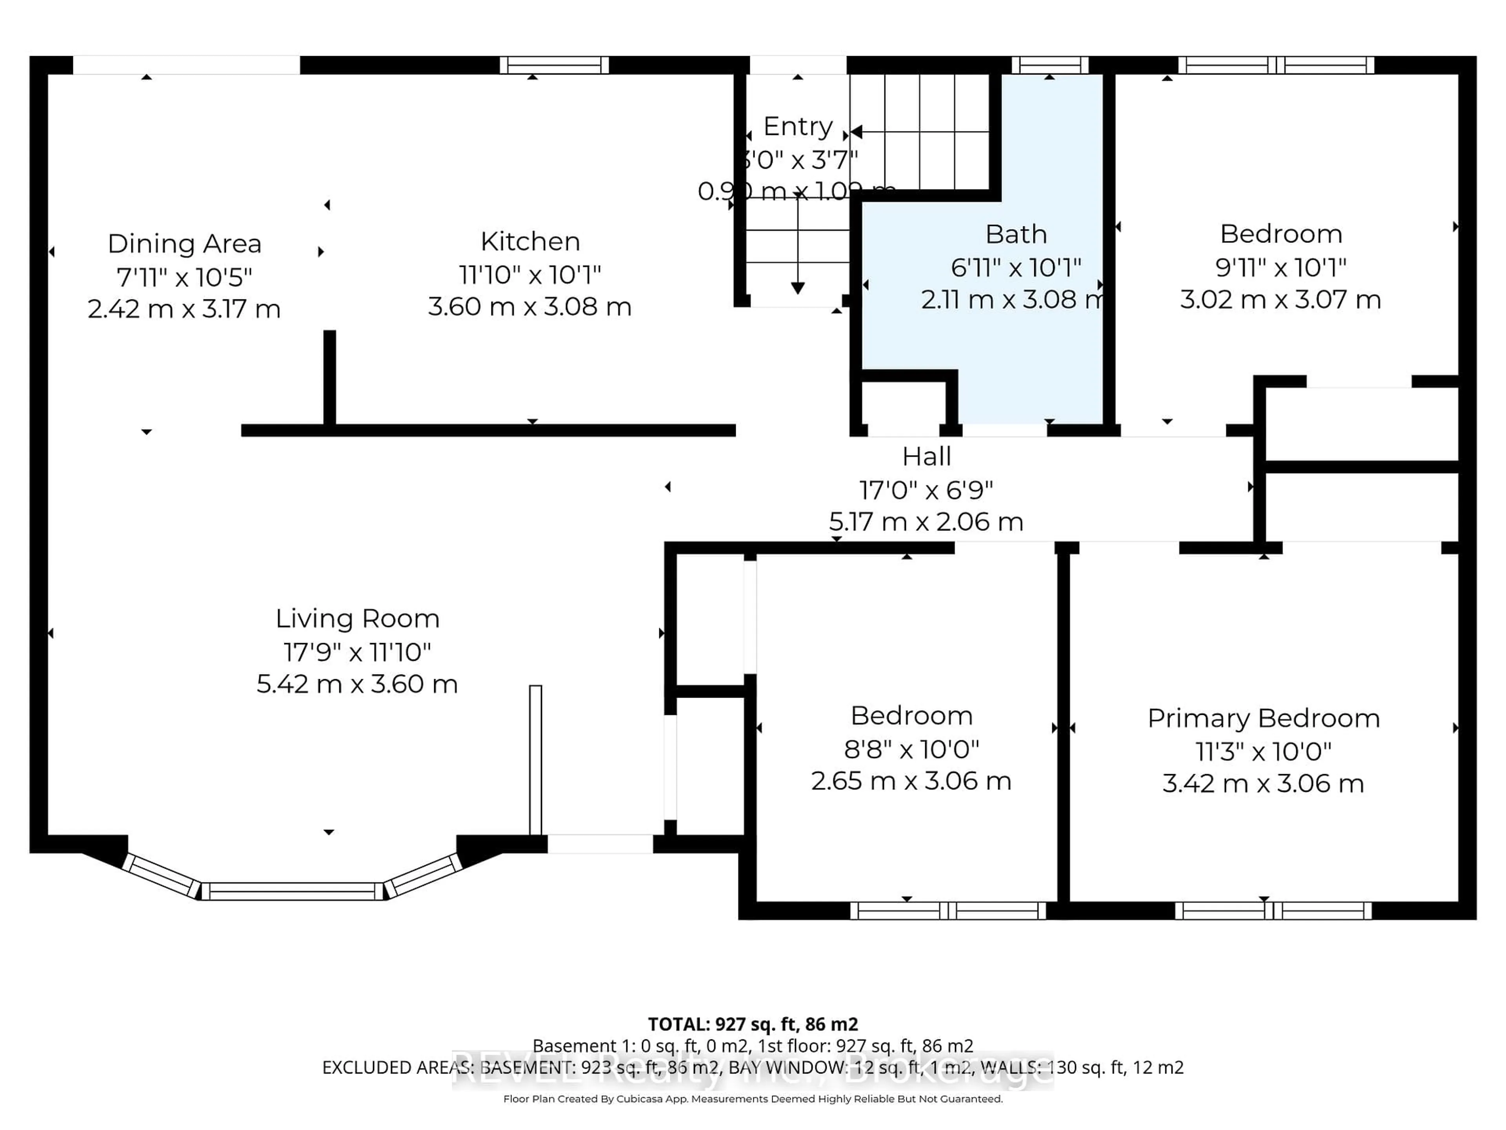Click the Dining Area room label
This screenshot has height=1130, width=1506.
pos(184,244)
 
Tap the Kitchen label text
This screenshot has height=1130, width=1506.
pos(530,242)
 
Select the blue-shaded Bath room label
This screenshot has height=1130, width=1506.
pos(1016,234)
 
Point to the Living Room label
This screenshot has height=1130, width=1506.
pos(357,618)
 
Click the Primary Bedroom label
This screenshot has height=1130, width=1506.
pos(1264,718)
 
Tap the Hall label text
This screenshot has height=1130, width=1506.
pos(927,456)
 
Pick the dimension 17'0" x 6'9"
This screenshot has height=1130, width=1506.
pos(926,490)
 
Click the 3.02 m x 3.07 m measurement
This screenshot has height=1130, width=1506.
pos(1280,300)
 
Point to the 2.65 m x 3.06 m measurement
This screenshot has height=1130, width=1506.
pos(911,780)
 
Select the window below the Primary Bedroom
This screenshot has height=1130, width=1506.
pos(1273,911)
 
